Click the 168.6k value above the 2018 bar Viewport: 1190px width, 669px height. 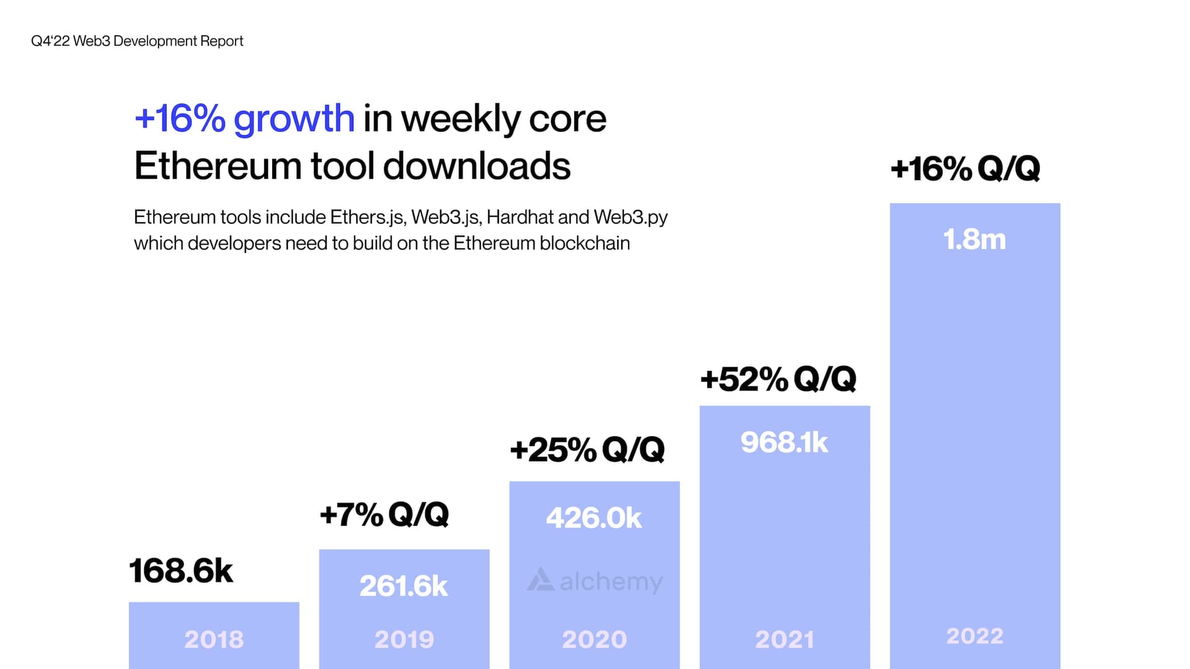pyautogui.click(x=181, y=571)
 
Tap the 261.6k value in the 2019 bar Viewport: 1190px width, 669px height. pyautogui.click(x=403, y=586)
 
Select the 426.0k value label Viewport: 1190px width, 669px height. pyautogui.click(x=594, y=518)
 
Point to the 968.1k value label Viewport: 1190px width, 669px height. pyautogui.click(x=784, y=442)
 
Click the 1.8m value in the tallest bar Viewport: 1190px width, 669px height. pyautogui.click(x=974, y=239)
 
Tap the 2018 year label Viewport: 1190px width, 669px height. pyautogui.click(x=214, y=639)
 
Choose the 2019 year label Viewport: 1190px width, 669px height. pyautogui.click(x=404, y=639)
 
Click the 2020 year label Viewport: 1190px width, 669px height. pyautogui.click(x=594, y=639)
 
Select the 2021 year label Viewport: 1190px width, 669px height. pyautogui.click(x=785, y=639)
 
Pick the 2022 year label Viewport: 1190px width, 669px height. pyautogui.click(x=975, y=636)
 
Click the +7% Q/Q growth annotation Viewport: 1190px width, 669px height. pyautogui.click(x=384, y=514)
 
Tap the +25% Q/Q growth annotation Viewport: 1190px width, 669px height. pyautogui.click(x=587, y=450)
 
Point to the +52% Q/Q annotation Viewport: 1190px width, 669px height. pyautogui.click(x=778, y=379)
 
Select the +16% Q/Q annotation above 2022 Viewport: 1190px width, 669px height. pyautogui.click(x=965, y=168)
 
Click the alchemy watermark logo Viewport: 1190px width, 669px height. pyautogui.click(x=595, y=581)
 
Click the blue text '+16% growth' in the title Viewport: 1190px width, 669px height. pyautogui.click(x=244, y=118)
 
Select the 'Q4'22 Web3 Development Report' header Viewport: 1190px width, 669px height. pyautogui.click(x=137, y=41)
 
